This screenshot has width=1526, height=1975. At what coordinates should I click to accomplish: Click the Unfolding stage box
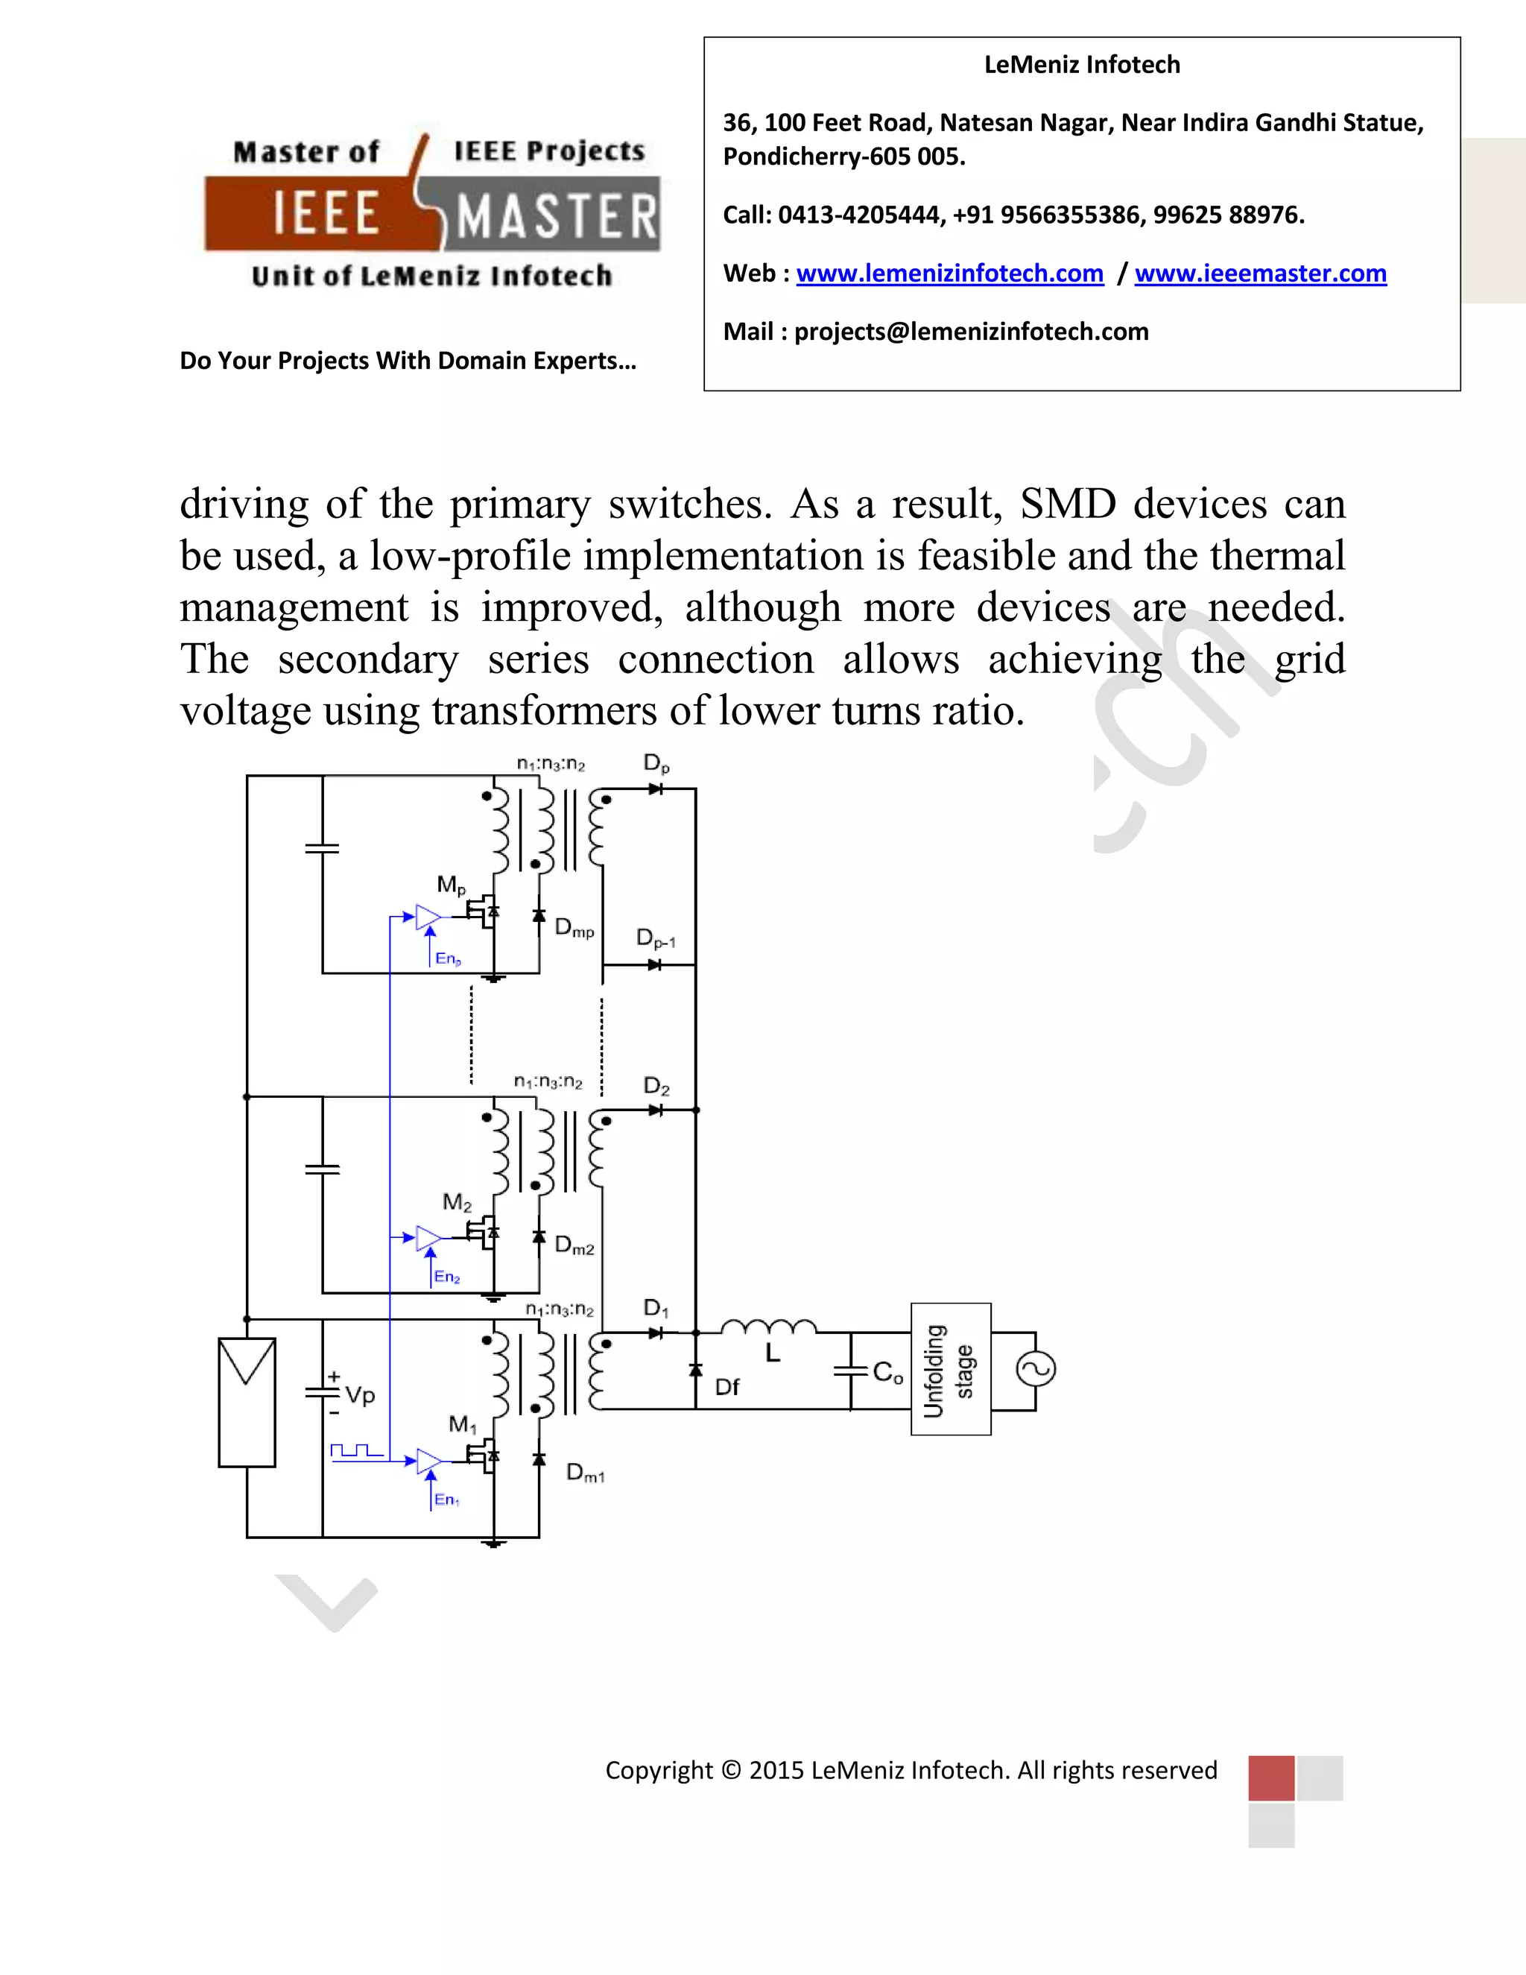[x=950, y=1369]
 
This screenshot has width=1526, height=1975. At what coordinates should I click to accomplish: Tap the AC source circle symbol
[x=1036, y=1368]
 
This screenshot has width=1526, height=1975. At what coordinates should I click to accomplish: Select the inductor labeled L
[x=768, y=1327]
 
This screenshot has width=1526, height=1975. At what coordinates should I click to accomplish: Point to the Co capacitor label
[x=887, y=1373]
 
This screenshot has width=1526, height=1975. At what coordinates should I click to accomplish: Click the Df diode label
[x=726, y=1387]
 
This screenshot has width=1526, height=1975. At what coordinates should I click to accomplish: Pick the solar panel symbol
[x=247, y=1402]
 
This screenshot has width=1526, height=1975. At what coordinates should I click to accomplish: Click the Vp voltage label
[x=360, y=1395]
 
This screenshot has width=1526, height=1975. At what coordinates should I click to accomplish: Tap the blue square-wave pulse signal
[x=356, y=1450]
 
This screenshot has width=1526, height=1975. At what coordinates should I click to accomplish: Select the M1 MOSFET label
[x=462, y=1425]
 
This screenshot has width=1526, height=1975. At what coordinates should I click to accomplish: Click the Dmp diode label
[x=574, y=928]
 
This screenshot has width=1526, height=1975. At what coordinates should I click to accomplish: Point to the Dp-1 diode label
[x=656, y=938]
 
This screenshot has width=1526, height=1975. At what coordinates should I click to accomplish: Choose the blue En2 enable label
[x=446, y=1277]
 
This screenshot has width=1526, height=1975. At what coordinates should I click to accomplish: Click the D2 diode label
[x=656, y=1086]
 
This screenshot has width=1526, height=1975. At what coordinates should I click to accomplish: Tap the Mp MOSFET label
[x=451, y=885]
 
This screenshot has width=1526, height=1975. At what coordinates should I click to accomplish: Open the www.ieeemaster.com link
[x=1260, y=273]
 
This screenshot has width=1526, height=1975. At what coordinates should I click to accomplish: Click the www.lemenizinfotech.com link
[x=949, y=273]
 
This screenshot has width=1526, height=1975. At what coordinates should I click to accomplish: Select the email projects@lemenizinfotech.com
[x=971, y=332]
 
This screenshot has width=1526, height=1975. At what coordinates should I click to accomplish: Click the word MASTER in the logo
[x=556, y=218]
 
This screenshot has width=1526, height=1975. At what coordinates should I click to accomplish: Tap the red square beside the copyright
[x=1271, y=1777]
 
